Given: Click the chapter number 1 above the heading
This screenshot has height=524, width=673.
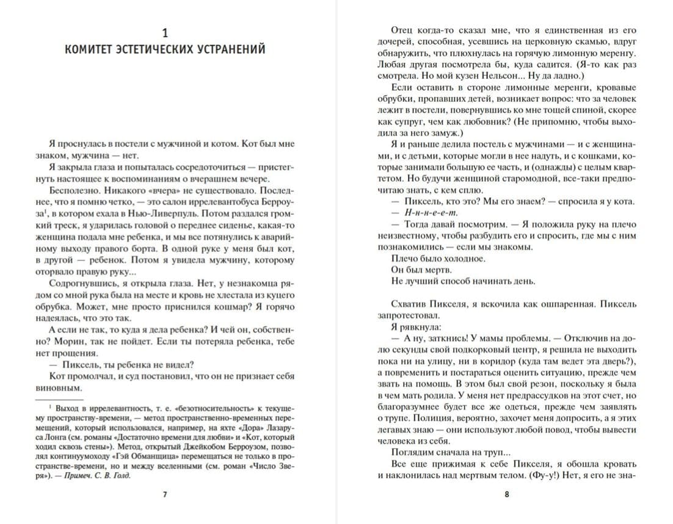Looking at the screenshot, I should [x=165, y=32].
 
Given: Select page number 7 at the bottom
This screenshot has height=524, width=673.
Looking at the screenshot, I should [x=165, y=494].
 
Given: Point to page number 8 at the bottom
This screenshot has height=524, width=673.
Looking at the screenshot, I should [x=507, y=494].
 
